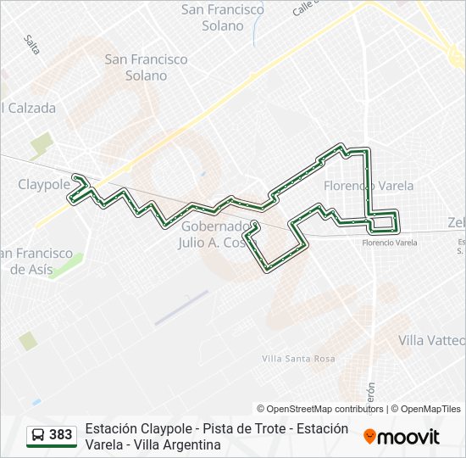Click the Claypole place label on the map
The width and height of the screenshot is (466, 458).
tap(44, 184)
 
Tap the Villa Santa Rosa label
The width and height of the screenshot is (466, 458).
tap(298, 359)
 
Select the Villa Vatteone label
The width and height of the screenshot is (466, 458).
tap(432, 340)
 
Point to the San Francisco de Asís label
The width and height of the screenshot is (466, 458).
tap(36, 261)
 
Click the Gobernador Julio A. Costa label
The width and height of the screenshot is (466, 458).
tap(216, 234)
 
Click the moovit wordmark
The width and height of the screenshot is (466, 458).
tap(408, 438)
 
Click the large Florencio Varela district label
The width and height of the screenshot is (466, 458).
tap(369, 185)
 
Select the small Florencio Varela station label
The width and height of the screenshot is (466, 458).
tap(390, 243)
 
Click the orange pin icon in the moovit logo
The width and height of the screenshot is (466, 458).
tap(369, 438)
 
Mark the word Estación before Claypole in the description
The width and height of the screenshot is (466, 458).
tap(114, 428)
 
